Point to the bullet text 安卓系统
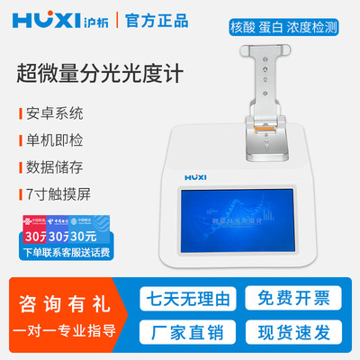pyautogui.click(x=53, y=114)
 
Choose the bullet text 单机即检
pyautogui.click(x=53, y=141)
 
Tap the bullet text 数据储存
pyautogui.click(x=53, y=167)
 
